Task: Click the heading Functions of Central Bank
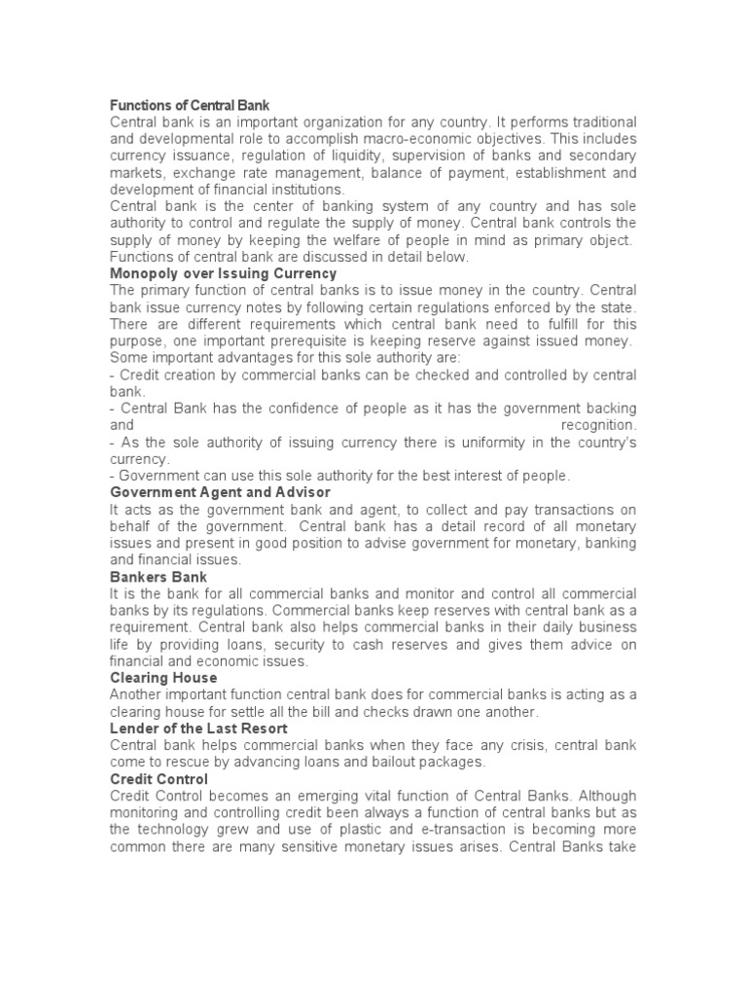point(190,104)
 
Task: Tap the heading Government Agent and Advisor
point(220,492)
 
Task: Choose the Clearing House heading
point(163,677)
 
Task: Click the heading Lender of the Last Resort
point(198,728)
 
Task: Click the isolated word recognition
point(599,425)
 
